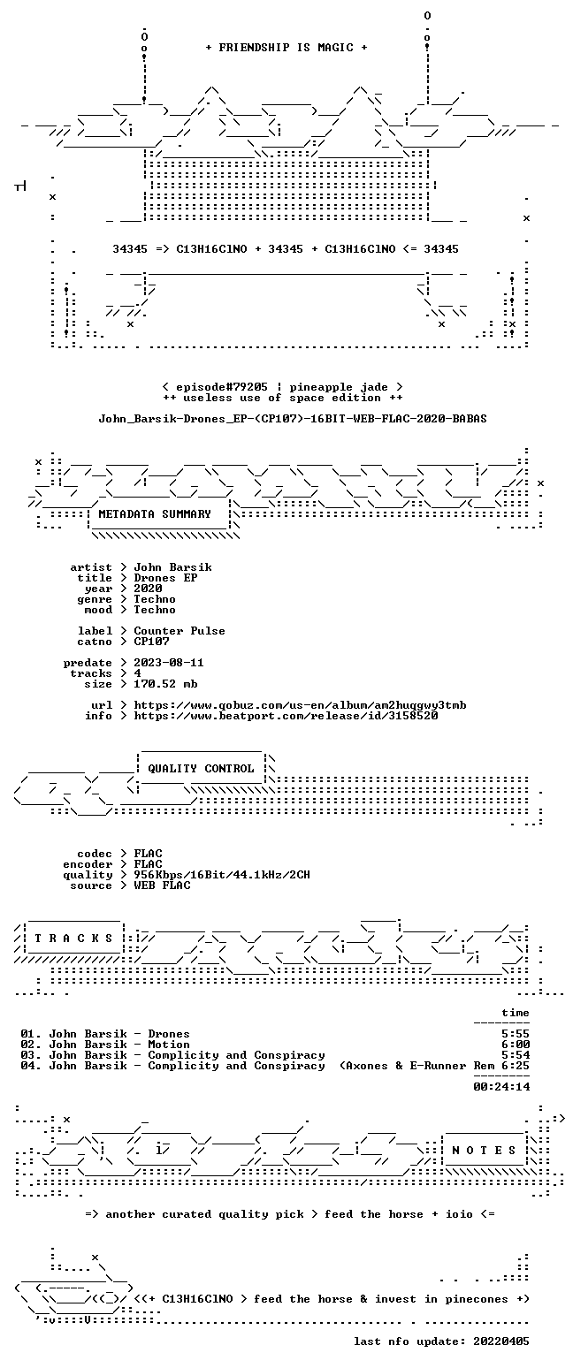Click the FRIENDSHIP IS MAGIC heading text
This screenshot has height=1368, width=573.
286,48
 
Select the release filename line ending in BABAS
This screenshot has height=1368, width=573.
293,419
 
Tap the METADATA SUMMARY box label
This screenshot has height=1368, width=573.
155,514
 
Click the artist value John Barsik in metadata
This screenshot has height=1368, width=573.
173,567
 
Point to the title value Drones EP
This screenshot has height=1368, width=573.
165,578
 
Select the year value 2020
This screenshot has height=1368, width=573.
148,589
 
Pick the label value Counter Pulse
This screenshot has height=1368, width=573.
180,631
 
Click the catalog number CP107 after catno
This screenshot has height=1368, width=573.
151,642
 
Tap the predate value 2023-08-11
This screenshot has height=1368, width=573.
169,663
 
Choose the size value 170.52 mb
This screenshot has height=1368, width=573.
165,684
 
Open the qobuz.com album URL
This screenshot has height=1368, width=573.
300,705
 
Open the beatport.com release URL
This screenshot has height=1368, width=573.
286,716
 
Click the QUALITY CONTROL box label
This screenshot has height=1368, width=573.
201,769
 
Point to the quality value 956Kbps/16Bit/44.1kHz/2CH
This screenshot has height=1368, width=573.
222,875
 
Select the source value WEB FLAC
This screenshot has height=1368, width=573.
162,885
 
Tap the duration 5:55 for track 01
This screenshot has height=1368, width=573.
516,1034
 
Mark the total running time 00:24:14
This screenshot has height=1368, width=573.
501,1086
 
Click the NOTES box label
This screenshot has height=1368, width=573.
484,1151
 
